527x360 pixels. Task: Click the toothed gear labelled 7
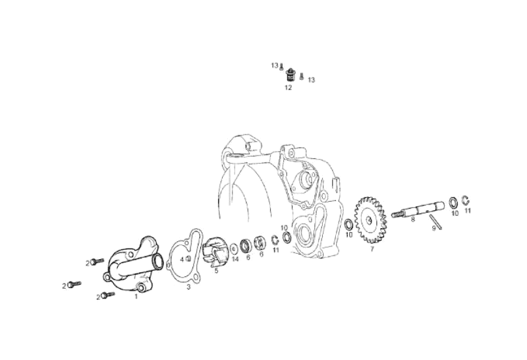click(x=370, y=220)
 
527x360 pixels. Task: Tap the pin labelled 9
click(x=435, y=222)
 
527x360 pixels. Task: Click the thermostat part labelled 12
click(x=289, y=75)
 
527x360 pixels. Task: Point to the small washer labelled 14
click(x=235, y=250)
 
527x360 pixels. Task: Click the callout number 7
click(x=372, y=249)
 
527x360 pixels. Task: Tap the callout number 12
click(x=288, y=88)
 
